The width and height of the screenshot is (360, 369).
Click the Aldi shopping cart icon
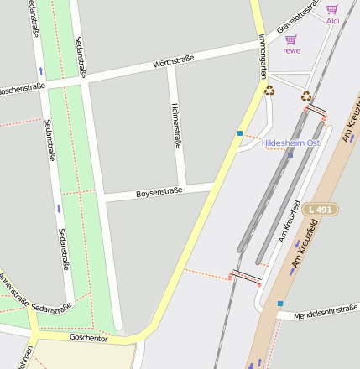(332, 9)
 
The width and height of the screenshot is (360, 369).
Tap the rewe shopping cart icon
(291, 39)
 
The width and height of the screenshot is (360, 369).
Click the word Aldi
(332, 21)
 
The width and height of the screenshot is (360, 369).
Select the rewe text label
(291, 50)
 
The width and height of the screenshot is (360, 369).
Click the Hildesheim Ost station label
(290, 143)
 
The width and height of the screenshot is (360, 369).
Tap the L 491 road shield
(321, 209)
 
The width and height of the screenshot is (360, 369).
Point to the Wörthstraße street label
(174, 60)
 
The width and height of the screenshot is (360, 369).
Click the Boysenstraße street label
(159, 193)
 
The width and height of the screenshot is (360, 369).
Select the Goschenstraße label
(22, 87)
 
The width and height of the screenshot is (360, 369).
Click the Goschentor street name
(88, 337)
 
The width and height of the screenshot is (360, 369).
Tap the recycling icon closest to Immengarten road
(269, 91)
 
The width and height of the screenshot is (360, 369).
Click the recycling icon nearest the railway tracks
(306, 96)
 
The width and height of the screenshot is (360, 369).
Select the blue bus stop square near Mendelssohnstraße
(280, 304)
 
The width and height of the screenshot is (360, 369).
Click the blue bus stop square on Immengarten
(240, 133)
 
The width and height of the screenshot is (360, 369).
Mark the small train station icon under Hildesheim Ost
(290, 154)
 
